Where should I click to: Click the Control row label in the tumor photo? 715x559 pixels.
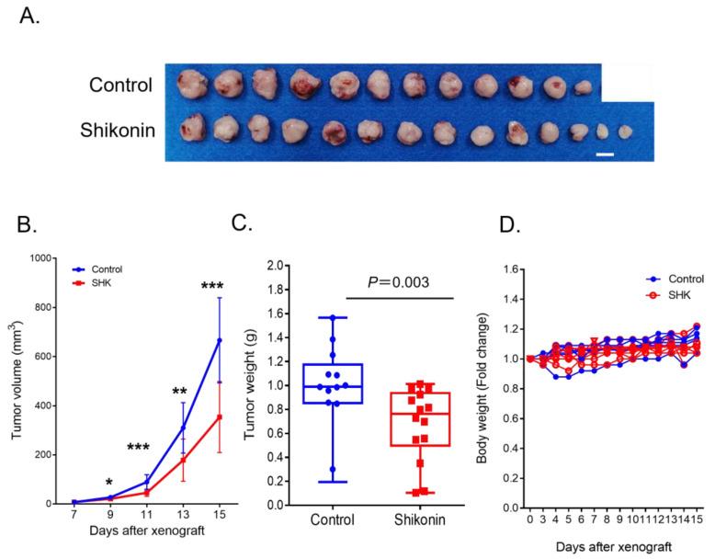click(120, 86)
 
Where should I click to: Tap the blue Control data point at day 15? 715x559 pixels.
click(219, 340)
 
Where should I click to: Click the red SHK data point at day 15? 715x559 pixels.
click(219, 416)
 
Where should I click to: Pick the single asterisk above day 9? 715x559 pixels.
click(108, 482)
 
